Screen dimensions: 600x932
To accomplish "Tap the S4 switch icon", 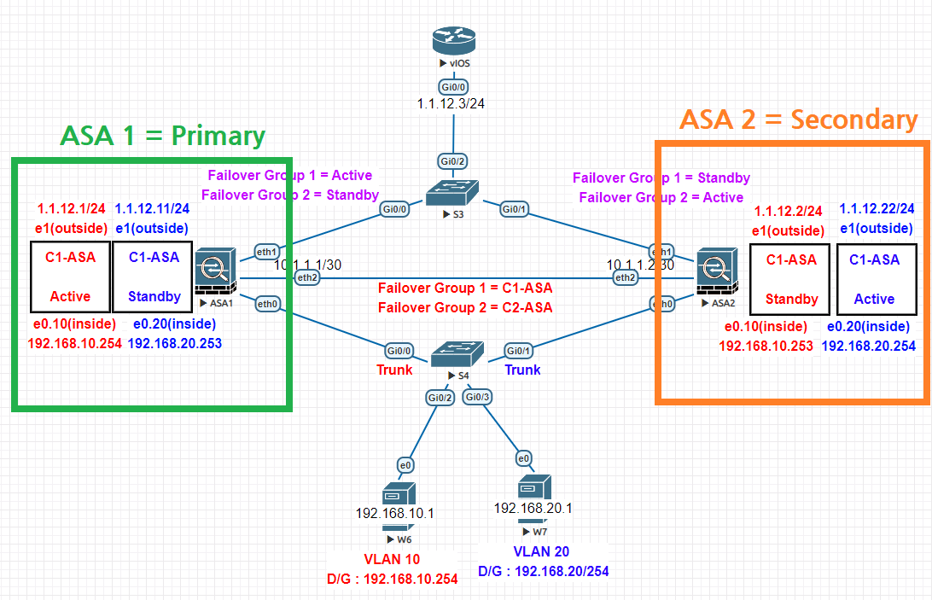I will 451,352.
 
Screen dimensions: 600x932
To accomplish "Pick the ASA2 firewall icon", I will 714,269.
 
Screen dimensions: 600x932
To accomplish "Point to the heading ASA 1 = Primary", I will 162,136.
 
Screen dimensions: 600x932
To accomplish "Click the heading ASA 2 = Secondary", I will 798,120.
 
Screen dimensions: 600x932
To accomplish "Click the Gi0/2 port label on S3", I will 453,162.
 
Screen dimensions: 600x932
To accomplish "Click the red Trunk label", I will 394,370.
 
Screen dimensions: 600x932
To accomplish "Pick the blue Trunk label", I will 522,370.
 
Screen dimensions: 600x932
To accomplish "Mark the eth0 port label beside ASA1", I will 267,303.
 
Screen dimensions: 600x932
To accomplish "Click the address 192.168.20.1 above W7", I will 533,508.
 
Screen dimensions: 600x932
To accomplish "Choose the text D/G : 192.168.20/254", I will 544,571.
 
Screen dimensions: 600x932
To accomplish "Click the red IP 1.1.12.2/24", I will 788,211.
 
